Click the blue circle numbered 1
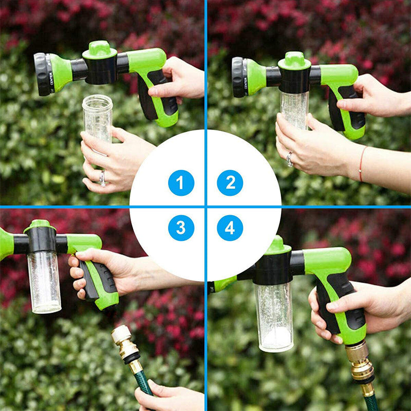pyautogui.click(x=181, y=183)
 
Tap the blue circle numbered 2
pyautogui.click(x=230, y=183)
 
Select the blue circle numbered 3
pyautogui.click(x=181, y=228)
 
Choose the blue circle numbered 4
pyautogui.click(x=230, y=228)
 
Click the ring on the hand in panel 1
pyautogui.click(x=103, y=178)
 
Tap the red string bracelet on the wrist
pyautogui.click(x=361, y=163)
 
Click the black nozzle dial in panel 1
pyautogui.click(x=42, y=74)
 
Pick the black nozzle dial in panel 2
pyautogui.click(x=238, y=77)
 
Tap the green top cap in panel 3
pyautogui.click(x=40, y=226)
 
